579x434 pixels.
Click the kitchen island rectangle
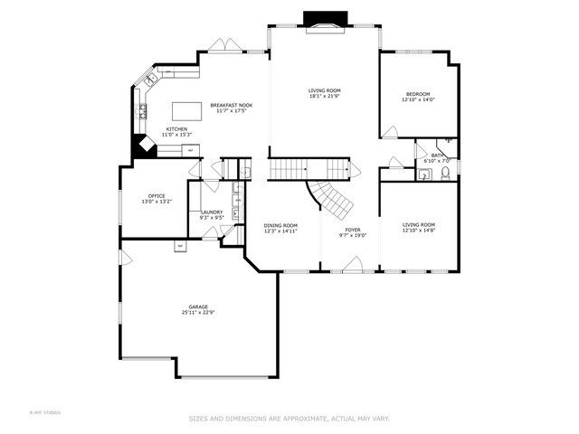186,110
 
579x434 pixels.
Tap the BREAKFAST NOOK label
231,105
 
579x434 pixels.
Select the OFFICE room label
157,195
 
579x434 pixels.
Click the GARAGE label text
198,307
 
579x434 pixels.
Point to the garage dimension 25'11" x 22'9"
198,313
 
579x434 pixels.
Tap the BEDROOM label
418,94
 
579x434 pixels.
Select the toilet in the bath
445,174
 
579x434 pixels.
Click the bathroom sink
423,175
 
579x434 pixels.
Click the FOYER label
353,230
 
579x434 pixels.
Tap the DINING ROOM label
280,225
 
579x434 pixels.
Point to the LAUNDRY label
212,212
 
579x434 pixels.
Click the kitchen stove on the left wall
143,111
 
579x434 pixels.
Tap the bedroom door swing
389,133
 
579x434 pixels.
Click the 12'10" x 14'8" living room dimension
419,231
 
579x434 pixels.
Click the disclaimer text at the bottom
289,419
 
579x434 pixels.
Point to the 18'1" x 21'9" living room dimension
324,97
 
